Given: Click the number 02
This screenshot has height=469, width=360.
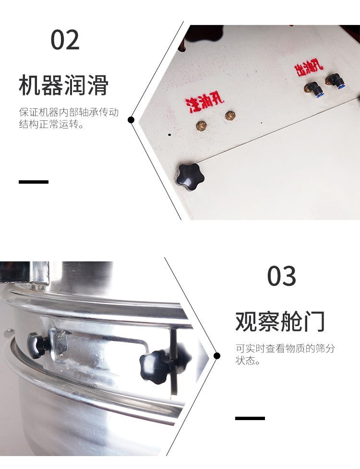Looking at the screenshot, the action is tap(65, 40).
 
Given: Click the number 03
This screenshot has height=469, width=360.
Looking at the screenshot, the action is tap(282, 276).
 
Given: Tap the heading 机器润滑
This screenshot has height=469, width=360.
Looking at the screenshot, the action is tap(63, 85).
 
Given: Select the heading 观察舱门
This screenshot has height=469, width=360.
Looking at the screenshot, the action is tap(280, 322).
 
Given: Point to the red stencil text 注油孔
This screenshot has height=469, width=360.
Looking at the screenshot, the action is tap(204, 104).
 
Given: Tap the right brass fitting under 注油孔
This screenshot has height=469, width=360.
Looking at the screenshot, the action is tap(230, 116).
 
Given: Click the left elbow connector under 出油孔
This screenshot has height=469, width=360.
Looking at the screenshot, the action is tap(313, 89).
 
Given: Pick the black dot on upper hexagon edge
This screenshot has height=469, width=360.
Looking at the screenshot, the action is tap(131, 120).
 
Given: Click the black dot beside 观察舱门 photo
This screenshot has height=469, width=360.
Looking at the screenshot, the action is tap(217, 356).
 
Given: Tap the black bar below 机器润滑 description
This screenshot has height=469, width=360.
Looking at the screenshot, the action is tap(34, 182).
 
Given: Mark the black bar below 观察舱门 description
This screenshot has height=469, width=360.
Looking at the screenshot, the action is tap(250, 418).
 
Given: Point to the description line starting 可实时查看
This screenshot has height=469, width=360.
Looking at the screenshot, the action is tap(285, 349).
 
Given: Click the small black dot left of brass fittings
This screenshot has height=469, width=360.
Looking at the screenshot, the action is tap(169, 135).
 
